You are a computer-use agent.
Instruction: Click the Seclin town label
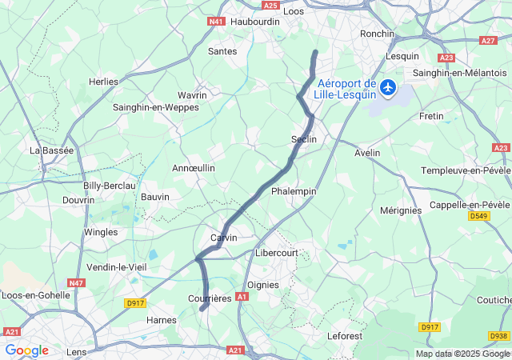point(304,139)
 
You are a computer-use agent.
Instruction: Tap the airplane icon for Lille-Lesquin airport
point(388,86)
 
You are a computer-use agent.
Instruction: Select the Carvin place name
point(223,238)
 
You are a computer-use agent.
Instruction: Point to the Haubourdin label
point(254,22)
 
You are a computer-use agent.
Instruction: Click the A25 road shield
point(270,6)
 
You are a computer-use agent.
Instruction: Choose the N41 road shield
point(216,22)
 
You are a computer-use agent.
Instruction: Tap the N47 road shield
point(77,282)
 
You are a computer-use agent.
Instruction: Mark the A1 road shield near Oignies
point(242,296)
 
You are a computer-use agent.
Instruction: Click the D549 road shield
point(479,216)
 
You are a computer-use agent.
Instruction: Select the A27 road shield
point(488,40)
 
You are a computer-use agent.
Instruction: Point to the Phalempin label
point(294,191)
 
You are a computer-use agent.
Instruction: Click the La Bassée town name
point(51,150)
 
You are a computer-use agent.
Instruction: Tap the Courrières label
point(209,298)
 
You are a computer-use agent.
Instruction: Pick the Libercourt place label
point(276,253)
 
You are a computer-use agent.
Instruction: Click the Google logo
point(26,350)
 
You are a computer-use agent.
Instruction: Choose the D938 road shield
point(498,336)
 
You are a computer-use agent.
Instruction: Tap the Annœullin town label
point(194,168)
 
